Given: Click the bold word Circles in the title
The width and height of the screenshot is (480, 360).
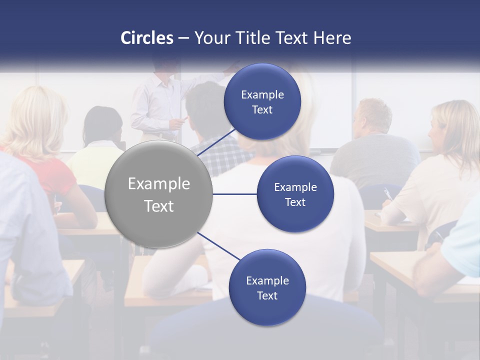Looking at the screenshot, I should coord(147,37).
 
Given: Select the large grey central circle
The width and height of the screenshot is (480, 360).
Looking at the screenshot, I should coord(158,194).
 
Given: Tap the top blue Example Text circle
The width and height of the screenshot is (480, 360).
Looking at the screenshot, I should coord(262,101).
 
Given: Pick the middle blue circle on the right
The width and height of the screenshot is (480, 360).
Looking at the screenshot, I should coord(295,194).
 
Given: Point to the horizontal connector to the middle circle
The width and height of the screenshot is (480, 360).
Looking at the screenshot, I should coord(234,194).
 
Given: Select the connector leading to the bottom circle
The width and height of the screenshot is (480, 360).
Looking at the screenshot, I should coord(218,246).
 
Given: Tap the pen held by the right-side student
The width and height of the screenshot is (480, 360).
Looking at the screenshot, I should coord(387,194).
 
